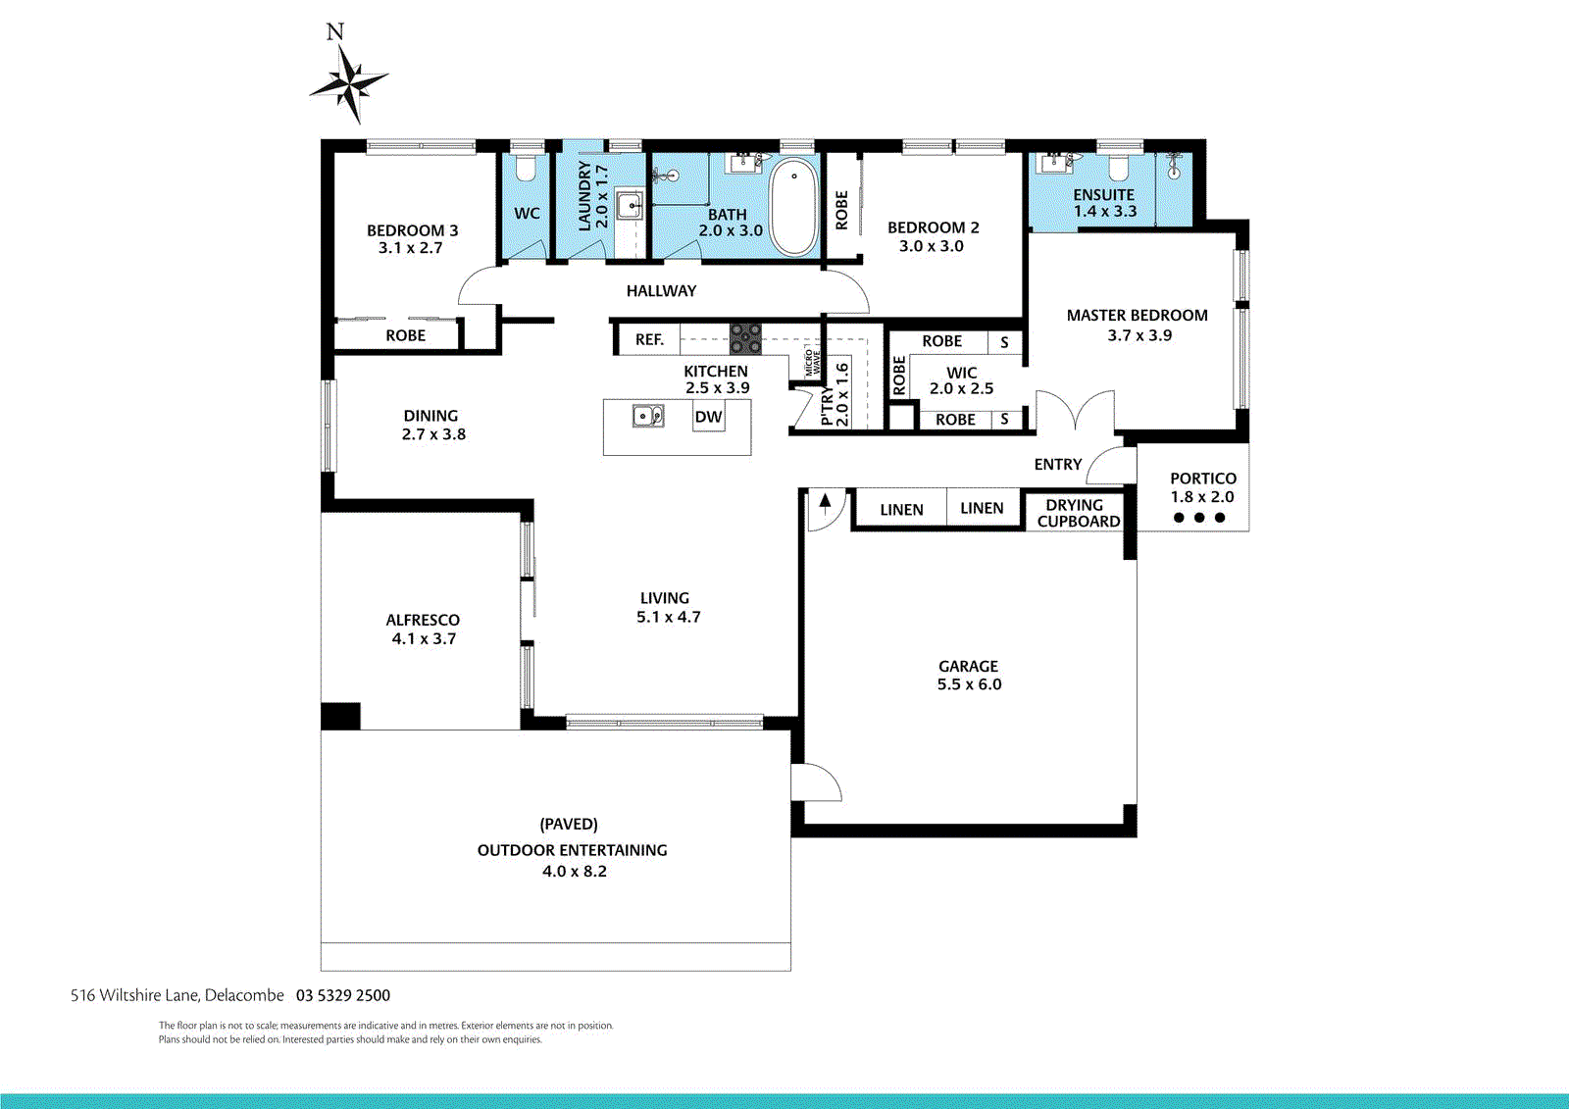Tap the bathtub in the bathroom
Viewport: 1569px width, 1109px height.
click(793, 208)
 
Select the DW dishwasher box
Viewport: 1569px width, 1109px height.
click(708, 417)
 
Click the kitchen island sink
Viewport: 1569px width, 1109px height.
click(647, 417)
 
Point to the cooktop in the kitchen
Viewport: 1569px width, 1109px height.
click(745, 338)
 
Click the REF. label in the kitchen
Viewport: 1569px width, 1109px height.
click(649, 339)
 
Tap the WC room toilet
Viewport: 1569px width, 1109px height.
click(527, 169)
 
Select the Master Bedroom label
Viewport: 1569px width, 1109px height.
click(1137, 315)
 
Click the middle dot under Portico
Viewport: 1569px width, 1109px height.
click(1199, 518)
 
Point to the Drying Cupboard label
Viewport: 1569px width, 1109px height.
click(1078, 513)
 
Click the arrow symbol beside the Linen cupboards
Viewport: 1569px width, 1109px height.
click(826, 503)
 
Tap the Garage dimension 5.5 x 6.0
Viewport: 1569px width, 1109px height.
click(969, 684)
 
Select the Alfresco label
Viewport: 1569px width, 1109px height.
click(423, 620)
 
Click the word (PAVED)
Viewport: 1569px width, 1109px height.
click(569, 824)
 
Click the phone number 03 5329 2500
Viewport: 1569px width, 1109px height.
click(343, 995)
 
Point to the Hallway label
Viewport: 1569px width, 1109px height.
click(661, 291)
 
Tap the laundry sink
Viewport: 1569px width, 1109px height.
click(630, 206)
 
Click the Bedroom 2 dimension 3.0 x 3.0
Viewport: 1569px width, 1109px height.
click(932, 246)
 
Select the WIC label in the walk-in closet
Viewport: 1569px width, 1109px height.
click(961, 373)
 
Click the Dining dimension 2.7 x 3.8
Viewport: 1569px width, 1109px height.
click(433, 434)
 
